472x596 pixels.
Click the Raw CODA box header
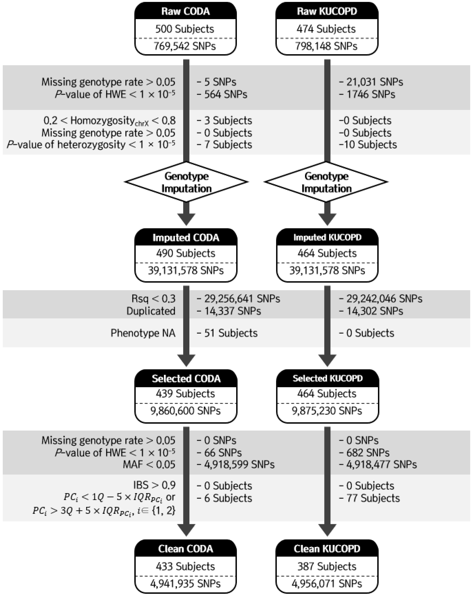pyautogui.click(x=185, y=12)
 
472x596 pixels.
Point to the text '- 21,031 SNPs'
pyautogui.click(x=371, y=82)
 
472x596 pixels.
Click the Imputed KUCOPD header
pyautogui.click(x=327, y=237)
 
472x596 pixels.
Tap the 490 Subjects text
pyautogui.click(x=185, y=253)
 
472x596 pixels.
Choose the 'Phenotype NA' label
pyautogui.click(x=143, y=333)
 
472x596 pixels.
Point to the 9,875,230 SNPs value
pyautogui.click(x=327, y=411)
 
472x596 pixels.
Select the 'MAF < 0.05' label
pyautogui.click(x=149, y=464)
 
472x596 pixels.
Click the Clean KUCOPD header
pyautogui.click(x=327, y=549)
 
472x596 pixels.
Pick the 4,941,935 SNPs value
pyautogui.click(x=185, y=584)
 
